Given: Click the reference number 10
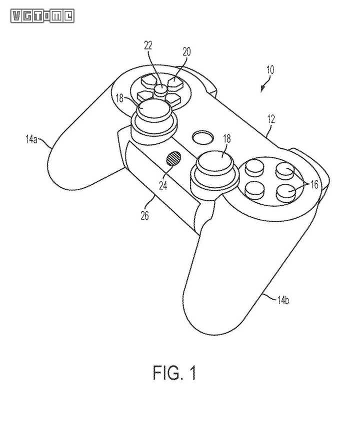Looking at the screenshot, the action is click(270, 70).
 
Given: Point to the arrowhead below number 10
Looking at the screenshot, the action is click(262, 90).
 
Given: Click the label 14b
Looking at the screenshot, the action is click(283, 300).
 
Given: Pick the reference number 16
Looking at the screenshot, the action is click(313, 185).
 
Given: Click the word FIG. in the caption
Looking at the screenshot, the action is click(166, 373).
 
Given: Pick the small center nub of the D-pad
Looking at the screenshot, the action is click(161, 89).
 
